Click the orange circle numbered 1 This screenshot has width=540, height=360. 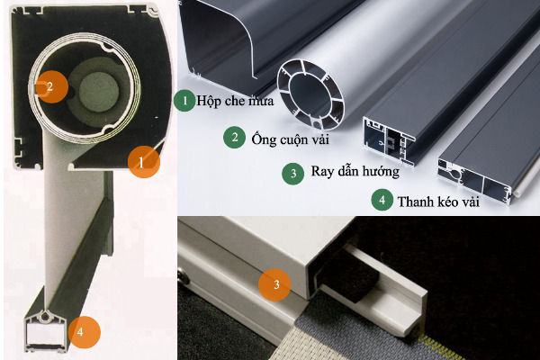click(x=144, y=162)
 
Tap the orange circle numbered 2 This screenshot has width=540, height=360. click(x=51, y=86)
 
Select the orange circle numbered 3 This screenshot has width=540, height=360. click(x=274, y=284)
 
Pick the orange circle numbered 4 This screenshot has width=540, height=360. click(x=85, y=332)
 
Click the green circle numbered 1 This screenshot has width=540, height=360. click(x=184, y=101)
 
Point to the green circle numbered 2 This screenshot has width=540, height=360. click(x=235, y=138)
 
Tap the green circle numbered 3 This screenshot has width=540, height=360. click(x=293, y=174)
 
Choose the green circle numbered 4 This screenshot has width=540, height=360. click(x=382, y=200)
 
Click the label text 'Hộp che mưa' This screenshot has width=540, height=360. click(x=235, y=101)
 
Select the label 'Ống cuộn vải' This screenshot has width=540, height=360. click(x=291, y=139)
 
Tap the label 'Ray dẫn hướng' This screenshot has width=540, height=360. click(x=355, y=171)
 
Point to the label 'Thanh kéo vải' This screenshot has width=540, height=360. click(x=438, y=202)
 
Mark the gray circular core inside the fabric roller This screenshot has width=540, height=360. click(x=99, y=91)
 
